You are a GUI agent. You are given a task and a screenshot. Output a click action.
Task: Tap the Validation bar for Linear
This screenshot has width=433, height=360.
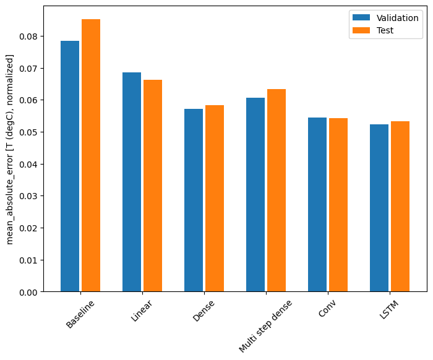132,182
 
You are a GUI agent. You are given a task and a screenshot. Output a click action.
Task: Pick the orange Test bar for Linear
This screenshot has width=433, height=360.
153,186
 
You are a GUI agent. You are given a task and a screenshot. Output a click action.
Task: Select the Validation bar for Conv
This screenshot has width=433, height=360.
317,204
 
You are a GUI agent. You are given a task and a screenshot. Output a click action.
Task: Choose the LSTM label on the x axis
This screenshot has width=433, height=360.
389,311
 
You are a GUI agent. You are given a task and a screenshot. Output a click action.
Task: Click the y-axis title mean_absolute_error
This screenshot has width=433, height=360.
10,149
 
